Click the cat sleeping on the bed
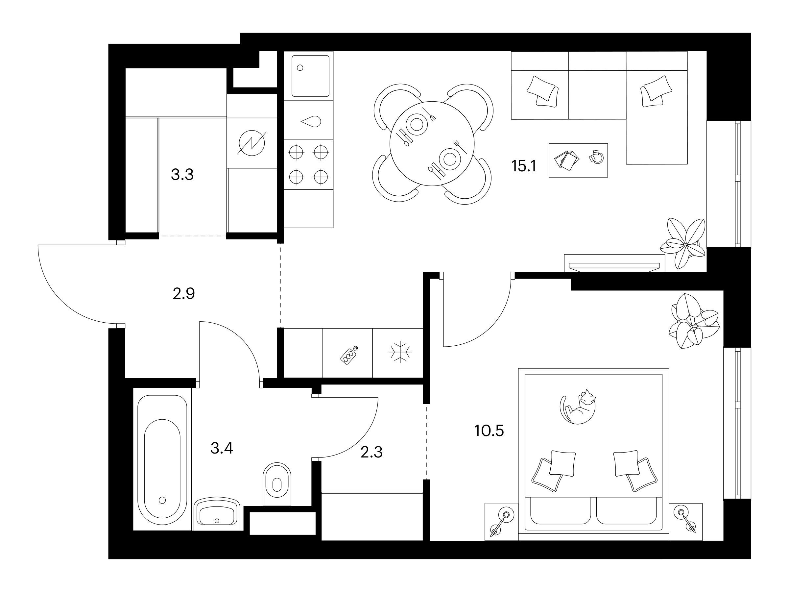[578, 407]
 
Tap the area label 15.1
[524, 166]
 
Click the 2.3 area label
[371, 453]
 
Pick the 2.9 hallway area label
[184, 294]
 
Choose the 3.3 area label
[182, 175]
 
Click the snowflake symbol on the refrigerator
[399, 353]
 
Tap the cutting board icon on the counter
[349, 356]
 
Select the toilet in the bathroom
[277, 484]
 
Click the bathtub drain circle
[163, 500]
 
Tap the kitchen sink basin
[310, 76]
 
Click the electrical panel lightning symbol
[252, 143]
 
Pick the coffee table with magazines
[578, 160]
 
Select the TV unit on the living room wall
[614, 263]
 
